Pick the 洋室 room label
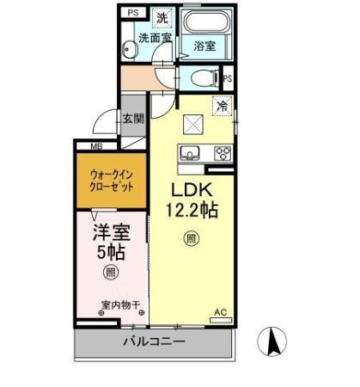112,232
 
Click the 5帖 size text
111,253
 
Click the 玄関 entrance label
132,120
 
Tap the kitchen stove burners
223,153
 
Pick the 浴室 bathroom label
204,45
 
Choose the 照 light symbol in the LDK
191,239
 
